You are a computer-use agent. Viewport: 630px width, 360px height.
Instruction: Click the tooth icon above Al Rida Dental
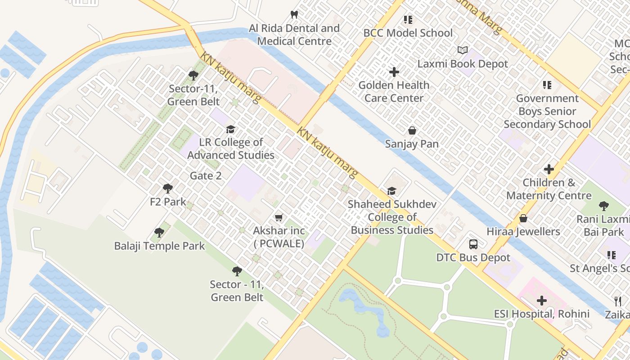click(x=294, y=15)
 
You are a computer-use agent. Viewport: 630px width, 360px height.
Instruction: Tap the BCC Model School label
click(x=408, y=33)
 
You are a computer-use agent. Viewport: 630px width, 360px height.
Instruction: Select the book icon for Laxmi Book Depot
click(x=463, y=50)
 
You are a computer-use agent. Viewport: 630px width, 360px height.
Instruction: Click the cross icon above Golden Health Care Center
click(x=394, y=72)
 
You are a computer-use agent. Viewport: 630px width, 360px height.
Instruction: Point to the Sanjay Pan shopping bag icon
click(x=412, y=131)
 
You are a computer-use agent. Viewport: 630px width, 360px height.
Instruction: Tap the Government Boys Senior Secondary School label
click(x=547, y=111)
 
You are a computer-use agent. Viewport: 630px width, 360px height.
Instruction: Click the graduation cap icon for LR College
click(x=230, y=130)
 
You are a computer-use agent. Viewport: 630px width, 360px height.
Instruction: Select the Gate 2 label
click(x=206, y=175)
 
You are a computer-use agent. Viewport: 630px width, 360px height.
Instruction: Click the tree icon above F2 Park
click(x=168, y=189)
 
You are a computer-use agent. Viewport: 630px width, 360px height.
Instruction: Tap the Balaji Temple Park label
click(x=159, y=246)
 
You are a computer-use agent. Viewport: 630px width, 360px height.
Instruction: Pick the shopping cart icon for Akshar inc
click(x=279, y=218)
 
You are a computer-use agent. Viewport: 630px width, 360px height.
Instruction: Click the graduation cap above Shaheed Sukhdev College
click(x=391, y=191)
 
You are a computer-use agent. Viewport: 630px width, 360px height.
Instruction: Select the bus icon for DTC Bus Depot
click(x=473, y=244)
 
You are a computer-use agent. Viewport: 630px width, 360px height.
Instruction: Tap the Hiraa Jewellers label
click(x=523, y=232)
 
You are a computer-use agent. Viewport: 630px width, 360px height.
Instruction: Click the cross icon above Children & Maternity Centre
click(x=549, y=169)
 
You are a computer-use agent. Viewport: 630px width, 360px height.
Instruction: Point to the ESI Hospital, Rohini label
click(x=542, y=314)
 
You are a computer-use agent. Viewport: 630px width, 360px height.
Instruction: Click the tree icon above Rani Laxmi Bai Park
click(x=603, y=206)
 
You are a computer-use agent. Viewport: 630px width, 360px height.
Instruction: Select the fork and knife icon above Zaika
click(x=618, y=301)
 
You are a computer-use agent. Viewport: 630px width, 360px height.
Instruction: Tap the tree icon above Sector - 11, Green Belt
click(x=237, y=271)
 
